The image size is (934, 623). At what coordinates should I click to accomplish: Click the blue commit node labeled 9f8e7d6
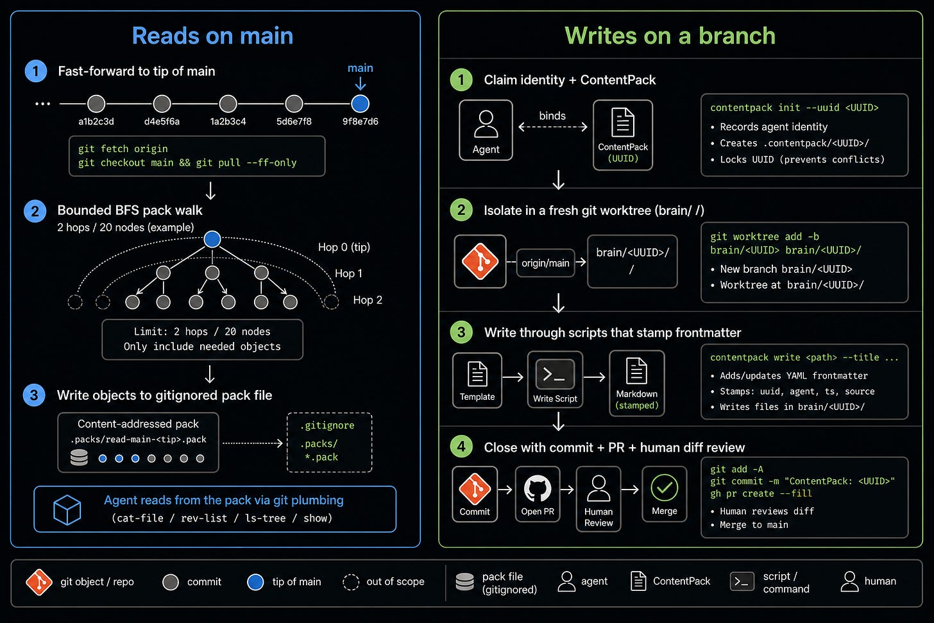point(361,104)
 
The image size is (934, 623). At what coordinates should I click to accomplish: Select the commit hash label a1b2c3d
point(96,121)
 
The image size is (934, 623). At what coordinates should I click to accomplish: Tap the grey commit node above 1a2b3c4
point(228,104)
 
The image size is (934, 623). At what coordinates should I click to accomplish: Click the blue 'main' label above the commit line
point(361,68)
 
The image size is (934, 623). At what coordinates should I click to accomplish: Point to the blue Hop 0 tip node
point(212,239)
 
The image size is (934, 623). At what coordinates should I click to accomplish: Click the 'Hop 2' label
point(368,300)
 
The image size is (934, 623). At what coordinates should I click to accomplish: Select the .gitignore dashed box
point(330,442)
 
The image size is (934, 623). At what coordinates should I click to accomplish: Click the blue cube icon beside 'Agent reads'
point(67,509)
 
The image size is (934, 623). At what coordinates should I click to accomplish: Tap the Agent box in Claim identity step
point(486,130)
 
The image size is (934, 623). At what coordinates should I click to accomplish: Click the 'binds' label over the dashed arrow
point(552,115)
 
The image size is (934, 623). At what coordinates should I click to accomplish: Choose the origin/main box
point(545,262)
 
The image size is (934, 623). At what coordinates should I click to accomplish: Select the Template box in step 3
point(477,380)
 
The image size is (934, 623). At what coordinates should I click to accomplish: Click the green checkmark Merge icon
point(664,487)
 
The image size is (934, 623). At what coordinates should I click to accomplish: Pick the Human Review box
point(599,499)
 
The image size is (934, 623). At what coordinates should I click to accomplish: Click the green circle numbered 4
point(461,447)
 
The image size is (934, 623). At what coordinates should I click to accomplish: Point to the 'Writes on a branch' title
point(670,35)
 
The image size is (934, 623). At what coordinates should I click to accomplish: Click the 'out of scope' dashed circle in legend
point(351,582)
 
